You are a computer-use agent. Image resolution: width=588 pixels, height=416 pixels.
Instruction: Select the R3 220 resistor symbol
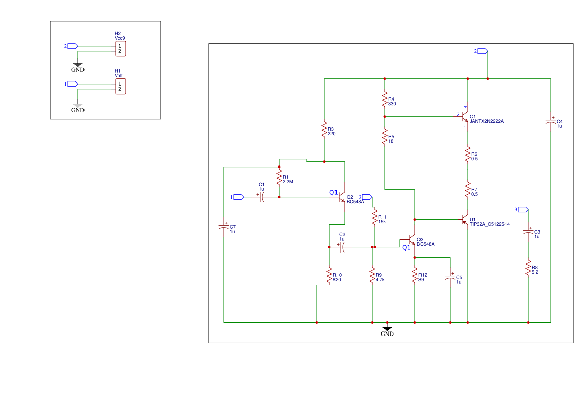point(324,130)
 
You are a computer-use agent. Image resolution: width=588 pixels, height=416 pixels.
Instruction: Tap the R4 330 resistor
point(385,100)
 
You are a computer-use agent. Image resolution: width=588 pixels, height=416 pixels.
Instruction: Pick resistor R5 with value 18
point(385,137)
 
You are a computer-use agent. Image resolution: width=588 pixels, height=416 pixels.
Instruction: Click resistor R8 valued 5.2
point(528,268)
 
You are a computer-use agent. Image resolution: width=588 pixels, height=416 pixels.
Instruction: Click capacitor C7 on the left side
point(224,227)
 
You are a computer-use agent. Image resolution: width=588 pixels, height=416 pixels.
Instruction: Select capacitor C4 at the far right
point(551,122)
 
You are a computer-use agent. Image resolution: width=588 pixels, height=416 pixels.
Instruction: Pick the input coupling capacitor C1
point(262,197)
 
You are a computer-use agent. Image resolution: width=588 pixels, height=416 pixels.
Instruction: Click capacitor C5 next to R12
point(450,278)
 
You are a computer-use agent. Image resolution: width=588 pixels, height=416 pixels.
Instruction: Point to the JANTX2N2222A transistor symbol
point(466,117)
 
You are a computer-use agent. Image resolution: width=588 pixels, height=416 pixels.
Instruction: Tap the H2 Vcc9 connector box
point(121,49)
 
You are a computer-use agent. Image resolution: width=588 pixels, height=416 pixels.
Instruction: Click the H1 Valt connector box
point(121,87)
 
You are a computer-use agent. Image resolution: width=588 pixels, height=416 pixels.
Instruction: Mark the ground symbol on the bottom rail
point(387,328)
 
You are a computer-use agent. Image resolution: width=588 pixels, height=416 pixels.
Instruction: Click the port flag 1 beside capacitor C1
point(238,197)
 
